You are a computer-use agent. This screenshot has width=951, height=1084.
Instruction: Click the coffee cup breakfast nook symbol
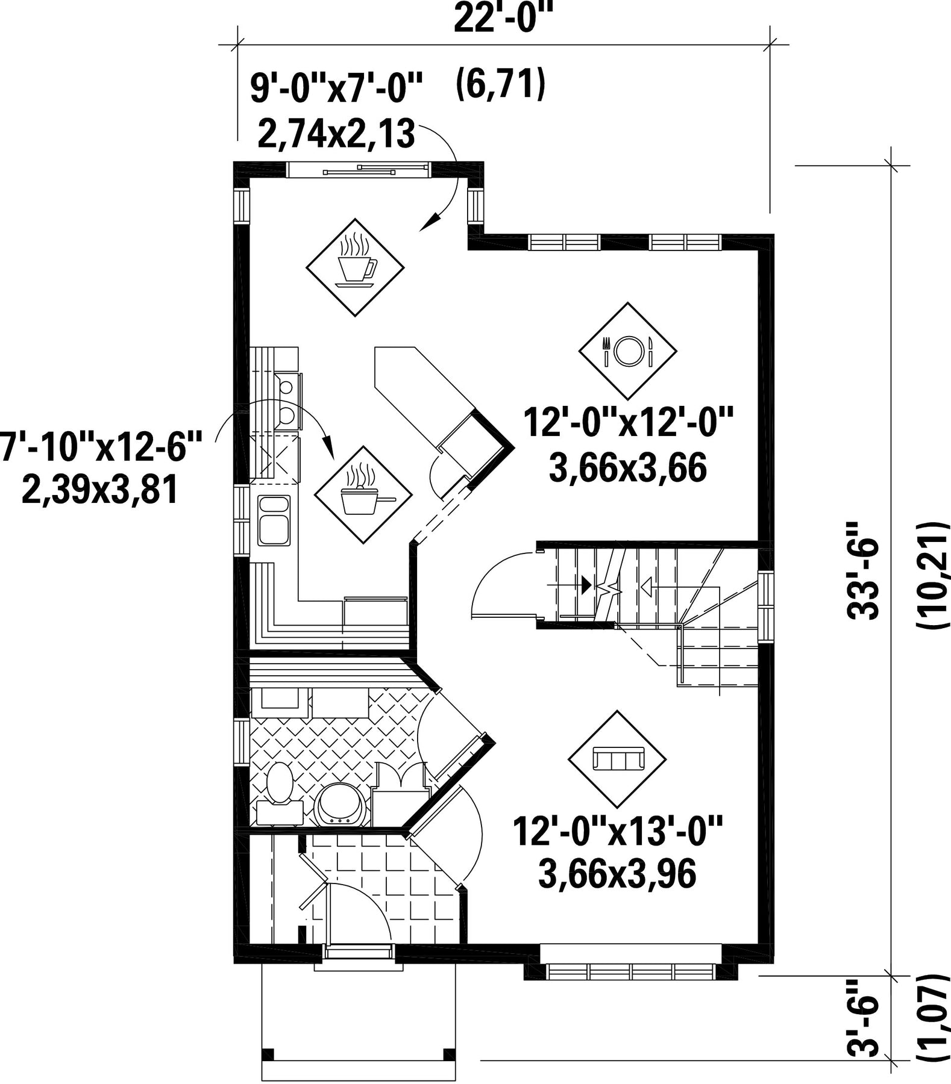coord(355,267)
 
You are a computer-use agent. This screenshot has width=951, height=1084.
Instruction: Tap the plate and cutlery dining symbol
coord(627,350)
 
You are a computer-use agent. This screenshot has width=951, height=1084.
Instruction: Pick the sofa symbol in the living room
coord(618,759)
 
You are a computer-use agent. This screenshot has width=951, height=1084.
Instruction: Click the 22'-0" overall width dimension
coord(503,19)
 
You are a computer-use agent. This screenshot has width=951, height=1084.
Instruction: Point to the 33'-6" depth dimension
coord(863,570)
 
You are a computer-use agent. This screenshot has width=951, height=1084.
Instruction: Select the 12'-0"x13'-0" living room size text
coord(618,831)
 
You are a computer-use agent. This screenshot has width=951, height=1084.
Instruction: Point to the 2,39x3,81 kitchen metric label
coord(99,490)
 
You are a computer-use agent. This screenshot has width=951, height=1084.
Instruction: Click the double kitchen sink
coord(274,519)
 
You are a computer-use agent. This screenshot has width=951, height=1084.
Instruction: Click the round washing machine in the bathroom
coord(341,805)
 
